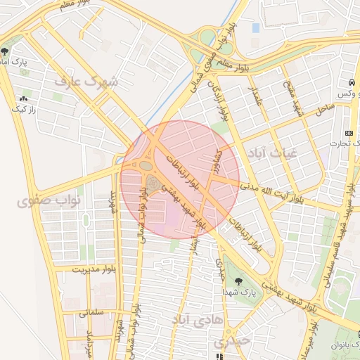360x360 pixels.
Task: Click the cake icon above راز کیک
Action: pyautogui.click(x=25, y=99)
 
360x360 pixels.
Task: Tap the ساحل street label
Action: pyautogui.click(x=325, y=109)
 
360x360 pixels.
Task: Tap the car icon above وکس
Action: pyautogui.click(x=351, y=82)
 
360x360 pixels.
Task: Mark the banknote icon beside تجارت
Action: pyautogui.click(x=350, y=132)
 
